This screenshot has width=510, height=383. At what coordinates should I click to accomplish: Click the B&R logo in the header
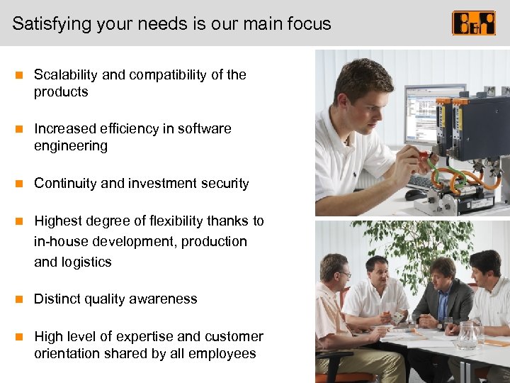(x=474, y=23)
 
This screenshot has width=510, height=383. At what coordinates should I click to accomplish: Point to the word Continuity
(x=65, y=183)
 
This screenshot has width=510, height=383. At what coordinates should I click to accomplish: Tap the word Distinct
(x=56, y=299)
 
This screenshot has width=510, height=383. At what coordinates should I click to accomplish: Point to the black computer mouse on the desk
(x=415, y=194)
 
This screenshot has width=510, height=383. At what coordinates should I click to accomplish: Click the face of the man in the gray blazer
(x=443, y=273)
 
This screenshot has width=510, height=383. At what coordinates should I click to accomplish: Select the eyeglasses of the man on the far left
(x=343, y=274)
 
